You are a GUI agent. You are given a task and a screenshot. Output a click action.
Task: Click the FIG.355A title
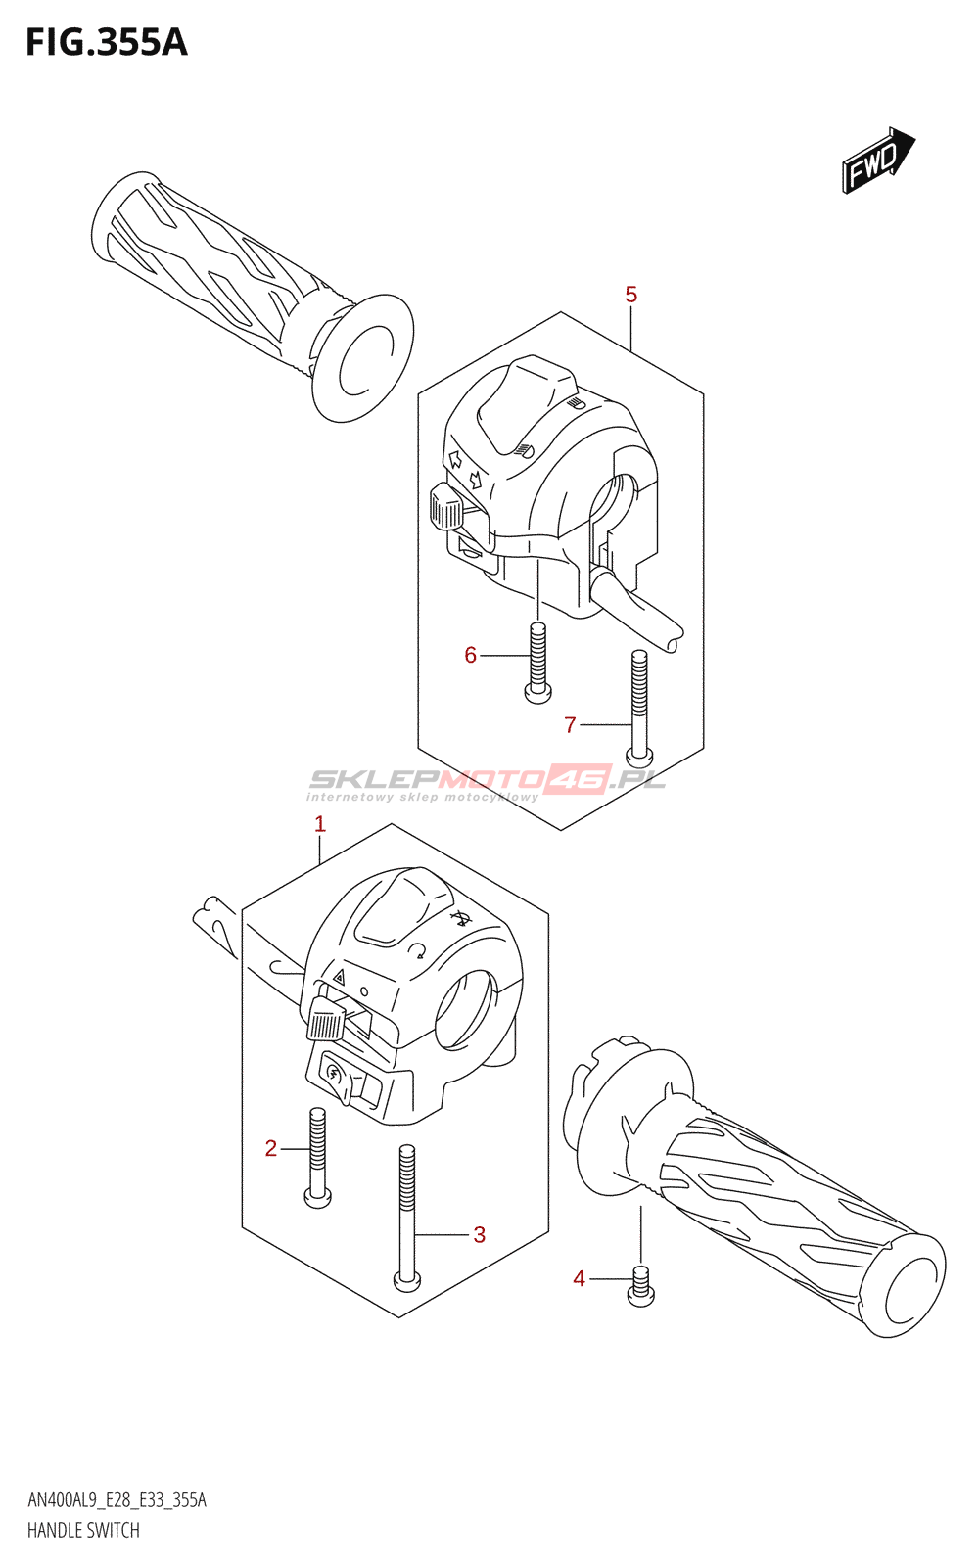click(x=106, y=43)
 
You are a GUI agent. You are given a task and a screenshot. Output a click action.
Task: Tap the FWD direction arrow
click(x=877, y=159)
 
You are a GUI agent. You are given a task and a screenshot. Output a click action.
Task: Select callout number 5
click(x=631, y=295)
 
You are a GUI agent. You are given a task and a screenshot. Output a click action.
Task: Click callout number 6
click(x=471, y=655)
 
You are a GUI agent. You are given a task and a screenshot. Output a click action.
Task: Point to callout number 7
click(x=570, y=725)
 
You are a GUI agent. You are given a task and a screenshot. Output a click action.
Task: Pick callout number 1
click(x=319, y=824)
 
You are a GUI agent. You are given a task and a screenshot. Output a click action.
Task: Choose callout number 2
click(x=271, y=1148)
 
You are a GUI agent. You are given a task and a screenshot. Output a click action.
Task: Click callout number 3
click(x=479, y=1235)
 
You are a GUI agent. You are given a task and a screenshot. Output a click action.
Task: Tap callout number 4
click(x=580, y=1278)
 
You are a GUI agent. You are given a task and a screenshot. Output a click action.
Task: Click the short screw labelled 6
click(x=537, y=664)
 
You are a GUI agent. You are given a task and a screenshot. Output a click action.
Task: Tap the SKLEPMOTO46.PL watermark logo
click(x=488, y=782)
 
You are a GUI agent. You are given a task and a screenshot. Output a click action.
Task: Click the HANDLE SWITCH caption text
click(x=83, y=1530)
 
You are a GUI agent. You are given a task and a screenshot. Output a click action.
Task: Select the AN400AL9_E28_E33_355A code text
click(x=117, y=1500)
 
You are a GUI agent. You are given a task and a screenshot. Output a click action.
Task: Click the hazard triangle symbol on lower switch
click(x=339, y=976)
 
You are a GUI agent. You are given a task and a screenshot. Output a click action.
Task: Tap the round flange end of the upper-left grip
click(x=362, y=357)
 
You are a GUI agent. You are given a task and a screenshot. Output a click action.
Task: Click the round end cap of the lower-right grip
click(x=912, y=1286)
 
